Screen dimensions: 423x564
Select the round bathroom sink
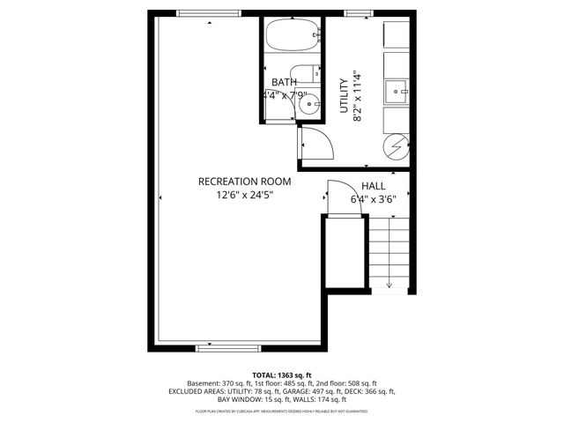pos(309,104)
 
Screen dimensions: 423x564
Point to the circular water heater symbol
pos(397,143)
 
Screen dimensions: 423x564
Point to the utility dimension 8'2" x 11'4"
pos(357,94)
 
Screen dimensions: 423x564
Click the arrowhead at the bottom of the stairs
pos(389,286)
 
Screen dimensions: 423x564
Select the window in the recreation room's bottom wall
pos(216,348)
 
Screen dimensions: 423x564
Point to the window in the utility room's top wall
pos(356,12)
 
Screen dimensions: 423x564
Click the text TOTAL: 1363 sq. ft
pos(281,375)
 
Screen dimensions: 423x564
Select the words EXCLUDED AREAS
pos(196,391)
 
